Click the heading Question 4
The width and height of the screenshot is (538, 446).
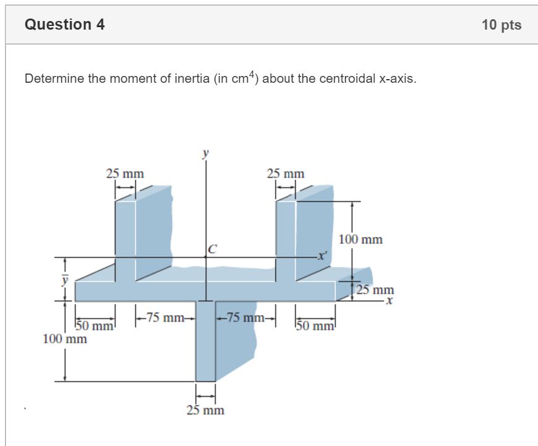[x=64, y=25]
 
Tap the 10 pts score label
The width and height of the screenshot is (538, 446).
[x=502, y=25]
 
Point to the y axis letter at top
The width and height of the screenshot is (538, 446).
[x=206, y=152]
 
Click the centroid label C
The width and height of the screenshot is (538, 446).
[x=213, y=250]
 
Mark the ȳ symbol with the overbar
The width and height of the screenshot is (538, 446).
[x=63, y=279]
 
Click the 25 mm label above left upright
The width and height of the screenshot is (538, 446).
[x=125, y=174]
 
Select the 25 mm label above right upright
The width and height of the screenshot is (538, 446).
[x=286, y=174]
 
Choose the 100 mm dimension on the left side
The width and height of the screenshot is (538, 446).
[x=65, y=339]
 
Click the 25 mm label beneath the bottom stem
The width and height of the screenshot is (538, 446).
[x=205, y=410]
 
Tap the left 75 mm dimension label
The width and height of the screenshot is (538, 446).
[x=164, y=318]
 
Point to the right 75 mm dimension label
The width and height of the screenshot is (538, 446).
[x=246, y=318]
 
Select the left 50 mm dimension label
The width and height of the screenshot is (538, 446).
[x=95, y=326]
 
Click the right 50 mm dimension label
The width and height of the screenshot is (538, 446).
[x=315, y=326]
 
